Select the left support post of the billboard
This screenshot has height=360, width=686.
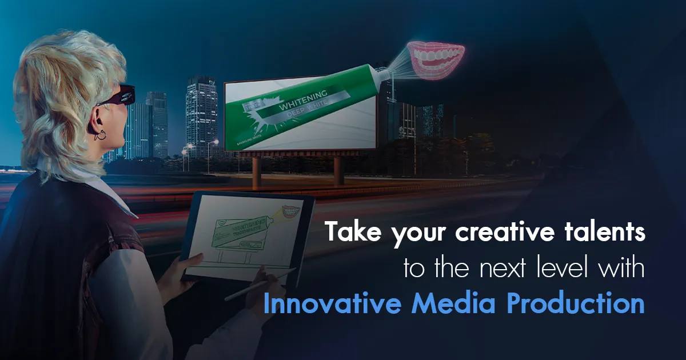coord(257,171)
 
